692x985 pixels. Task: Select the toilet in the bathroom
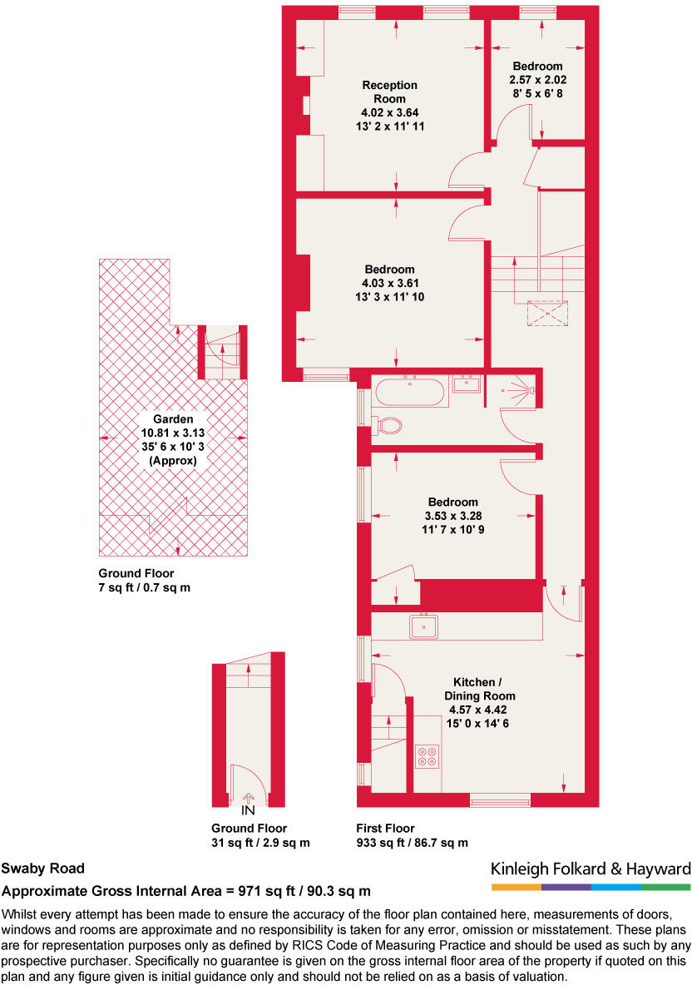(x=388, y=426)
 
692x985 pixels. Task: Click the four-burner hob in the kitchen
(x=428, y=755)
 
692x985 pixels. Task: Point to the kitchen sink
(x=425, y=626)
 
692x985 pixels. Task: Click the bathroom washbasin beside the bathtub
(x=467, y=384)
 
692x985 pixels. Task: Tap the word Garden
(x=173, y=419)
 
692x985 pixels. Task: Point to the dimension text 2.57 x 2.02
(x=537, y=80)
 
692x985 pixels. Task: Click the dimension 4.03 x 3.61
(x=389, y=283)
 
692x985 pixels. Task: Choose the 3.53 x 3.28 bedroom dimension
(x=452, y=515)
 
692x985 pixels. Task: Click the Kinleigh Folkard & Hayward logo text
(x=591, y=869)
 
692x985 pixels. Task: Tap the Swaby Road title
(x=42, y=869)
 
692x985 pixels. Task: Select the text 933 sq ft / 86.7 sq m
(x=411, y=843)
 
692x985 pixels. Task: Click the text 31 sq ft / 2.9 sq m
(x=260, y=843)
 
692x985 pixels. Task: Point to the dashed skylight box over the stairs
(x=548, y=313)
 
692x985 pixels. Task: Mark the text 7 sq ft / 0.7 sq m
(x=145, y=588)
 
